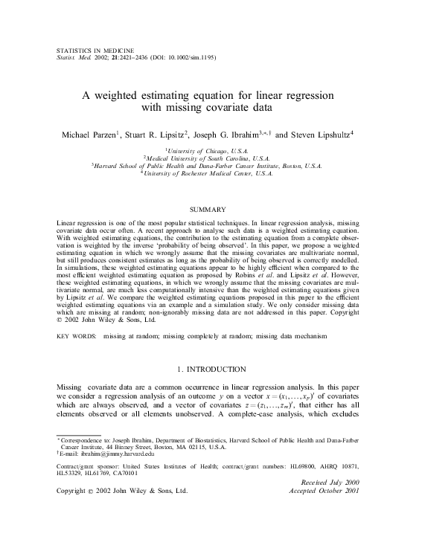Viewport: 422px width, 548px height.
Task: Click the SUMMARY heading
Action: tap(210, 210)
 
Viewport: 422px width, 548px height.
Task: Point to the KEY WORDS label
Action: tap(76, 336)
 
